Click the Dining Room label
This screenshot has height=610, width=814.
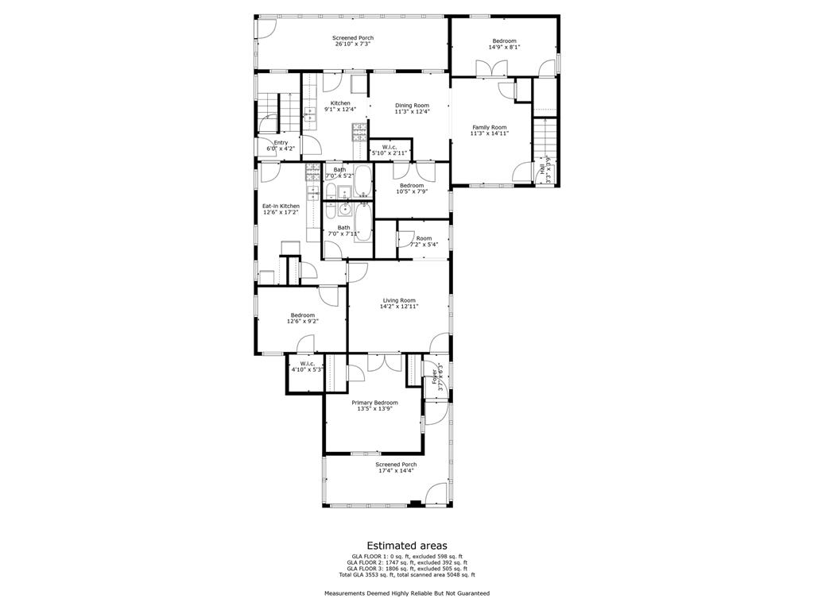(x=412, y=106)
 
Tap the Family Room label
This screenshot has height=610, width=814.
(x=489, y=127)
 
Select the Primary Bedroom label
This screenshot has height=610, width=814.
(x=374, y=403)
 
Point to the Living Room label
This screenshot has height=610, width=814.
(x=399, y=300)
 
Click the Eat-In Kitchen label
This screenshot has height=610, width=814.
(x=281, y=206)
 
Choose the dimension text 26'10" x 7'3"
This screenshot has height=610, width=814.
(x=352, y=44)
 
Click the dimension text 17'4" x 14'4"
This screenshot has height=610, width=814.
(x=397, y=471)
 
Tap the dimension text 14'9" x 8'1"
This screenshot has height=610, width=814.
(x=503, y=48)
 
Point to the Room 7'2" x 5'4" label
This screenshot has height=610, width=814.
(x=424, y=238)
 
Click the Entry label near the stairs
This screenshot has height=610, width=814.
(x=281, y=143)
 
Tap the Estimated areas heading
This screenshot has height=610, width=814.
(x=406, y=546)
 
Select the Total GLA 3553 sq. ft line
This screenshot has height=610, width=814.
(x=406, y=574)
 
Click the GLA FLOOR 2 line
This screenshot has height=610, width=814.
(x=406, y=562)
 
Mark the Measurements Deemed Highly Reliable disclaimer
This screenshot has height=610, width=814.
(x=406, y=593)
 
